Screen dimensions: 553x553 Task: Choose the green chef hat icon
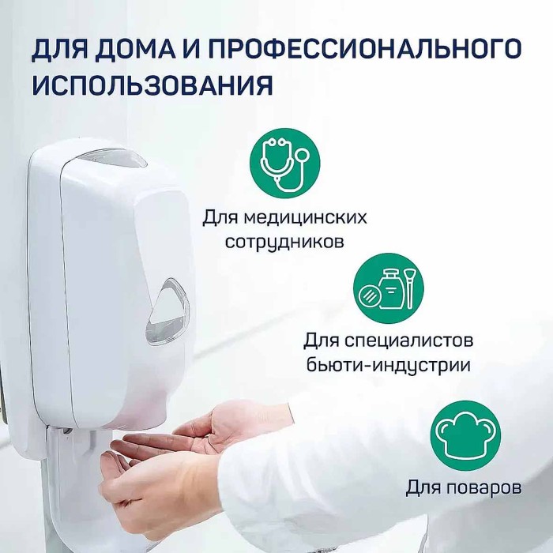465,436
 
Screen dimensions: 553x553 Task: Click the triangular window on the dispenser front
169,310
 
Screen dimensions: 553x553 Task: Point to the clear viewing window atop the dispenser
111,157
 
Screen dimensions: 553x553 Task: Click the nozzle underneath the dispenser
79,431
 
